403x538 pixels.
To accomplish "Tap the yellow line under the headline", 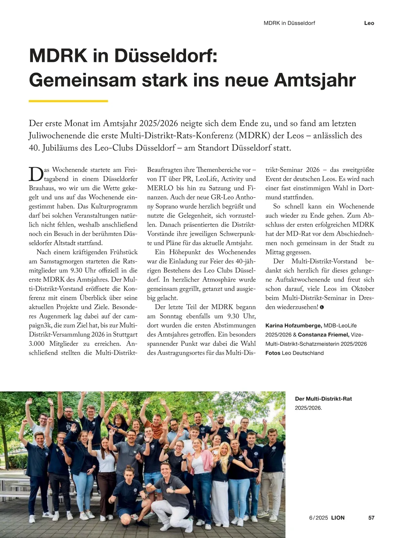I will point(68,101).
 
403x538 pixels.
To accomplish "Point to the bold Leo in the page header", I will point(369,23).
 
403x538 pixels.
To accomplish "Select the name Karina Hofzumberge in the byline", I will point(294,326).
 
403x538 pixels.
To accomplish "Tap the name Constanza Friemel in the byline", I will point(323,335).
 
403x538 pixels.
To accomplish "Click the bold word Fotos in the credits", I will point(273,353).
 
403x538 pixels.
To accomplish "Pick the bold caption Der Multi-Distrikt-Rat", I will point(323,399).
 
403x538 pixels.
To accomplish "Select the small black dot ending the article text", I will point(322,307).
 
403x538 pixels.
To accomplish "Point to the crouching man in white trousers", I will point(170,491).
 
